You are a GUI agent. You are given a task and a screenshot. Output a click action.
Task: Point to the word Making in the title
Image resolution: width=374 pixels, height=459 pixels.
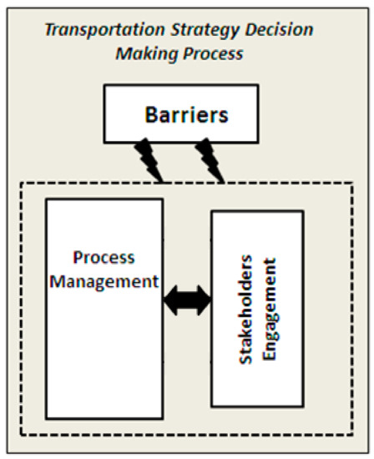pos(143,53)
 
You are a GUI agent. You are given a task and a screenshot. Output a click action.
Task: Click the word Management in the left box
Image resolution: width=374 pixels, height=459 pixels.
pos(104,280)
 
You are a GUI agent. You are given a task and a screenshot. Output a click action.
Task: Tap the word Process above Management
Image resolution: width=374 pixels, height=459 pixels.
pos(104,257)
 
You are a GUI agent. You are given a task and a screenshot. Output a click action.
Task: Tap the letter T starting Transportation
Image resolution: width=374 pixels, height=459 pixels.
pos(48,30)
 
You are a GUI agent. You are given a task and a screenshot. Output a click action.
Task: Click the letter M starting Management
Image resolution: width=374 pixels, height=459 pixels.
pos(56,280)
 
